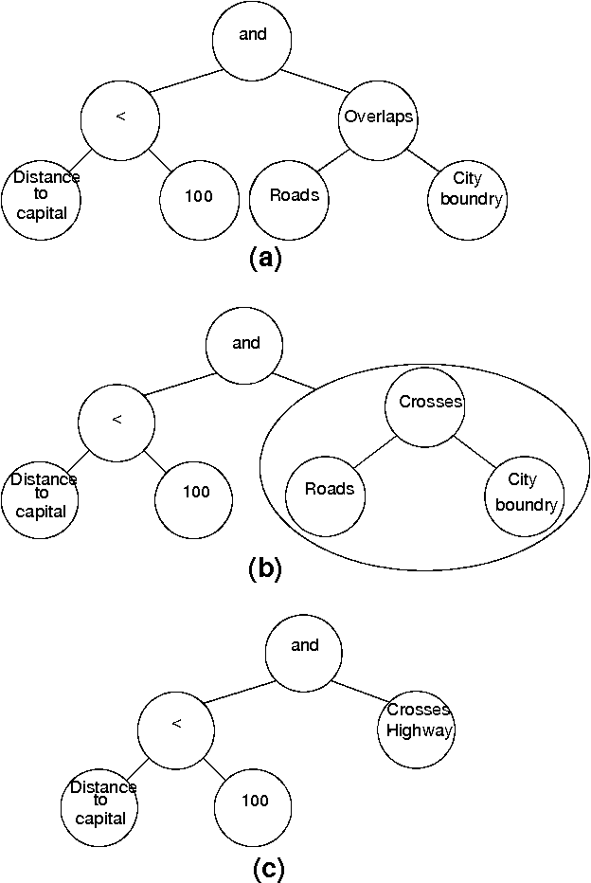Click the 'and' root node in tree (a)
coord(253,36)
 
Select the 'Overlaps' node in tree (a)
coord(378,118)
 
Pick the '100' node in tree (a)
coord(198,197)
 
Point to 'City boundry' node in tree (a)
coord(466,197)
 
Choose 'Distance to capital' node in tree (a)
coord(42,197)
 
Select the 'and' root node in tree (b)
coord(245,344)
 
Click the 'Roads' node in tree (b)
coord(325,490)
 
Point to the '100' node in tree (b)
coord(195,491)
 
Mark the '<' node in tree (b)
coord(117,420)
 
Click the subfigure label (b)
coord(264,568)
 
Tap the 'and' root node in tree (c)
coord(304,646)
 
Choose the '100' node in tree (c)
coord(254,801)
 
